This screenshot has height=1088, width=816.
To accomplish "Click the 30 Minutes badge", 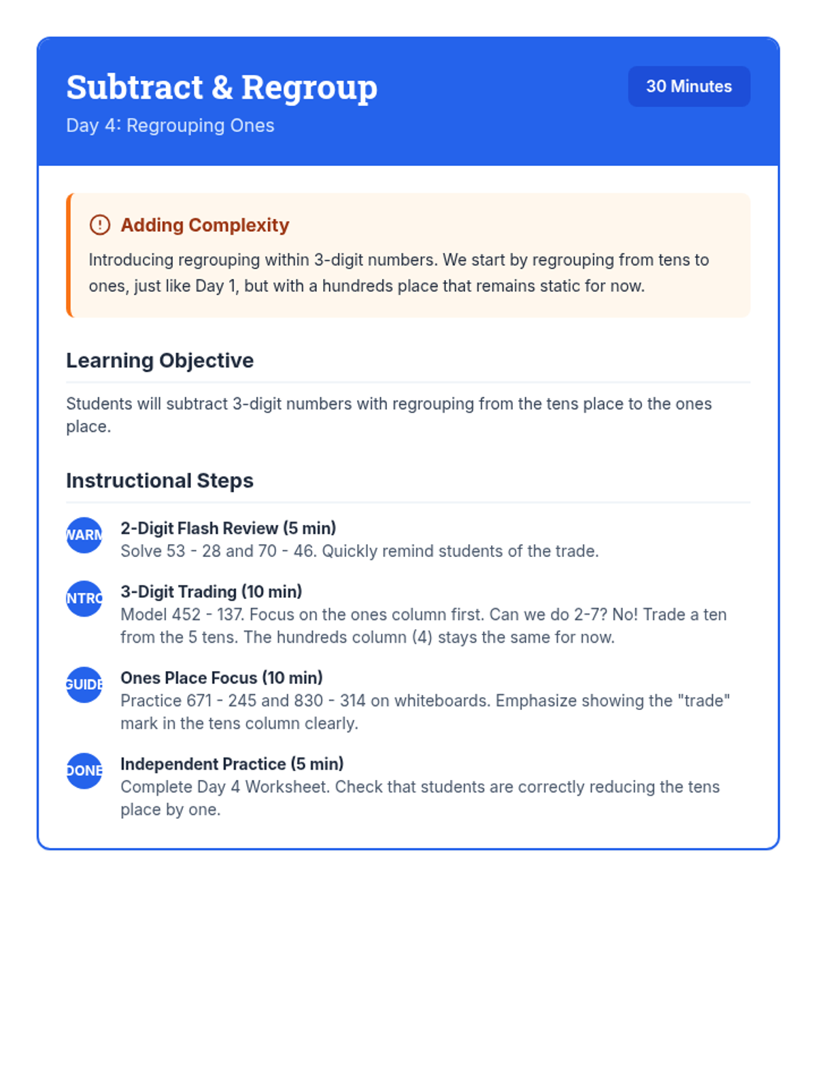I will (689, 86).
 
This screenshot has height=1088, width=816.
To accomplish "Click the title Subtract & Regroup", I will (222, 88).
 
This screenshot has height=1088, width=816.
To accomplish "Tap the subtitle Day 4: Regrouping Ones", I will (170, 126).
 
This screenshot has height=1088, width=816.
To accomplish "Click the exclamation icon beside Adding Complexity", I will (100, 225).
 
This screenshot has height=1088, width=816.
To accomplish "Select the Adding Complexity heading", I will (205, 225).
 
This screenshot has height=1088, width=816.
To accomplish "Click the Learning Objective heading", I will (160, 360).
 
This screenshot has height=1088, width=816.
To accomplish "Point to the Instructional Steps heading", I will (160, 481).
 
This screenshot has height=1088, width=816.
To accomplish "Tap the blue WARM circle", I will (84, 535).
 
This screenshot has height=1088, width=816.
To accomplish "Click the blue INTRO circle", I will (84, 598).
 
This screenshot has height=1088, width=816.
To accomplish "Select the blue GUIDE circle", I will (84, 685).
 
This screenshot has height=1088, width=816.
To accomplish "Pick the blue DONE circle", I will (84, 770).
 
